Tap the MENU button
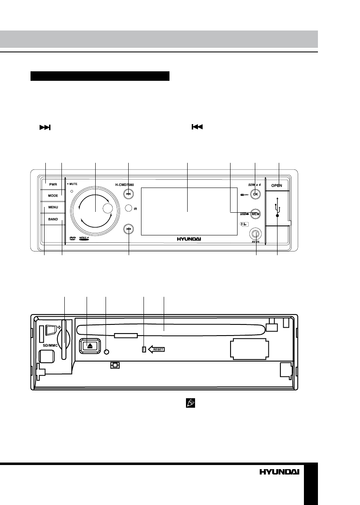tap(53, 207)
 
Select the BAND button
tap(53, 219)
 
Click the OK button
tap(256, 194)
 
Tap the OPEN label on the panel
tap(277, 186)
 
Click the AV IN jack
tap(256, 234)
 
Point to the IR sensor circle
tap(129, 209)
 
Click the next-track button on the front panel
tap(129, 194)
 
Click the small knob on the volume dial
tap(107, 209)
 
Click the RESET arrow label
tap(156, 349)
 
